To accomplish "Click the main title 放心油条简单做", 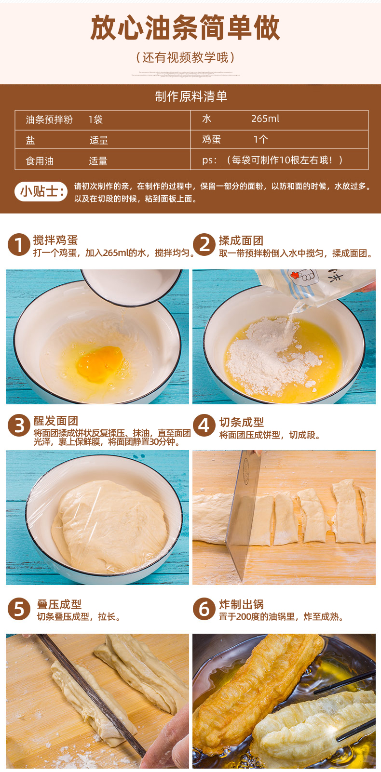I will [x=185, y=28].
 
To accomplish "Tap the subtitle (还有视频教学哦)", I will [x=185, y=58].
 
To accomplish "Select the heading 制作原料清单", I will [x=191, y=96].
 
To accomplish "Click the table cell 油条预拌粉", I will [x=49, y=120].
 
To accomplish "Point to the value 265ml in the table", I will [x=265, y=119].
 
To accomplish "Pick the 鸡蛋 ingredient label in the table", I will [x=211, y=140].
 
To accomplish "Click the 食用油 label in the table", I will [x=40, y=161].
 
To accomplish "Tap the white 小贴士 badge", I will [x=41, y=191].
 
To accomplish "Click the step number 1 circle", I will [x=18, y=245].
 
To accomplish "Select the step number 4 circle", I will [x=204, y=426].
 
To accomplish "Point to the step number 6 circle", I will [x=204, y=609].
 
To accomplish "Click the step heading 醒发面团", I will [x=55, y=421].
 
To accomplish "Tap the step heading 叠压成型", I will [x=59, y=604].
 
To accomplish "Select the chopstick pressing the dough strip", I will [x=92, y=694].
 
